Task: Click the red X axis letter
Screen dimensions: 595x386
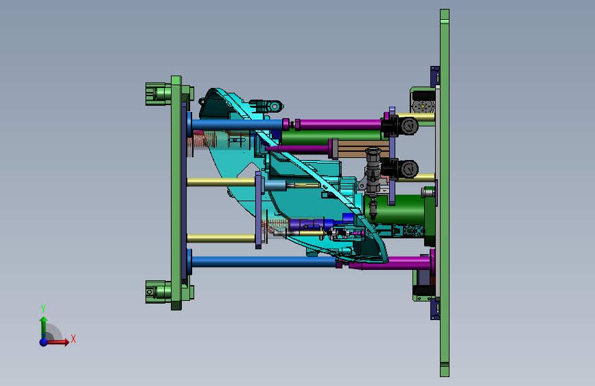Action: point(73,339)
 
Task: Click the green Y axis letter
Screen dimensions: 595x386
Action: point(43,308)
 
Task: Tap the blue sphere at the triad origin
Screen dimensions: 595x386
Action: point(44,342)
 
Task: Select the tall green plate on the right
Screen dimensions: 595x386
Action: point(444,193)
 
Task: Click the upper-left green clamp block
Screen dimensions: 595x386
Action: point(159,93)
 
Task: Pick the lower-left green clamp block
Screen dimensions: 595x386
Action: point(159,292)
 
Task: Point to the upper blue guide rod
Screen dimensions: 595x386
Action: point(237,124)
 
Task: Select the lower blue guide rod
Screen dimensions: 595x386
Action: point(264,262)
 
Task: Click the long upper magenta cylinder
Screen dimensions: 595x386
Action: point(340,124)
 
